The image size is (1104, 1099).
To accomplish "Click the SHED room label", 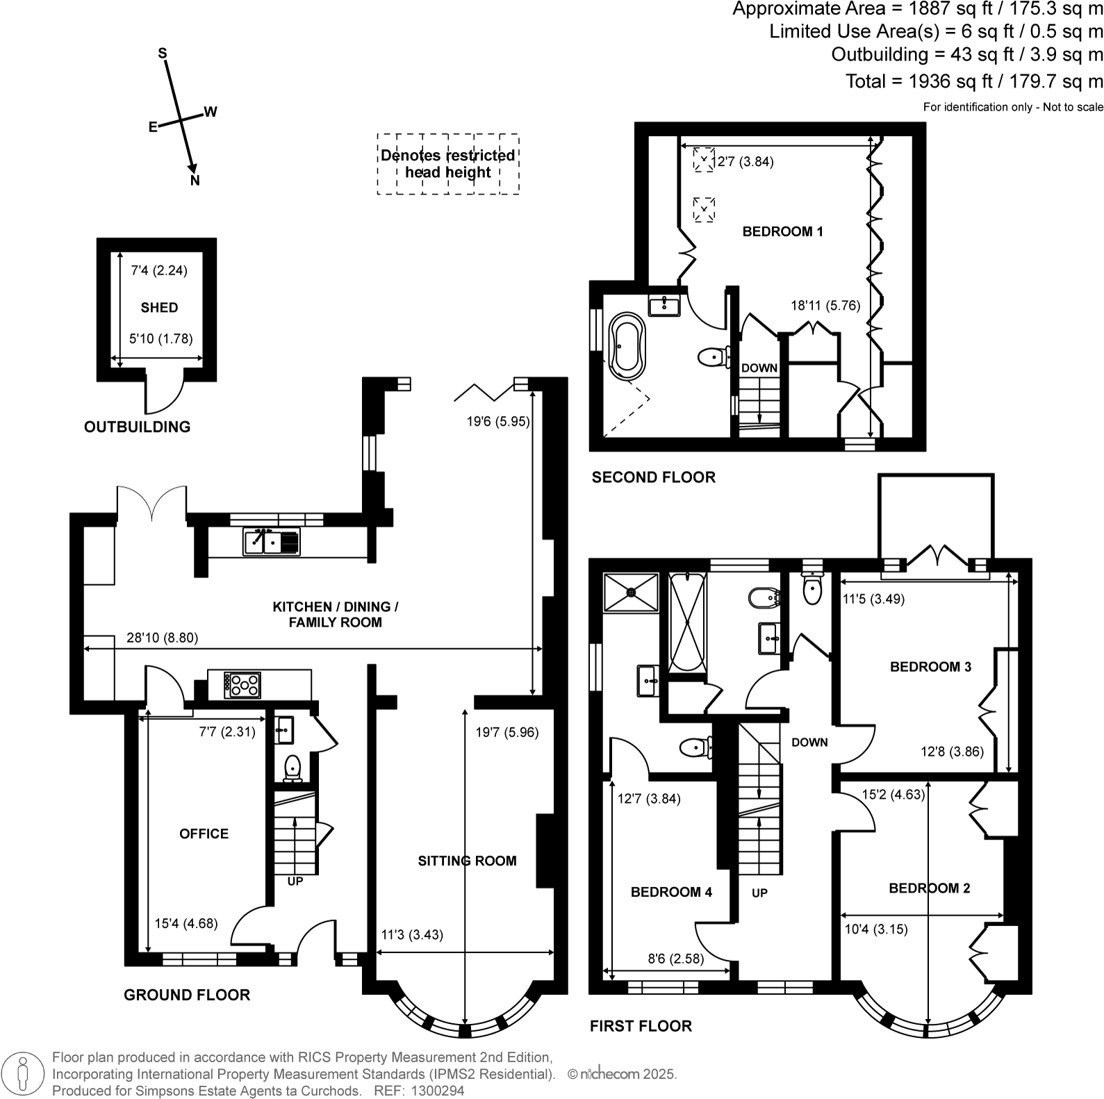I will click(x=159, y=308).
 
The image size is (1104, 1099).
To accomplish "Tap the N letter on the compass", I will click(x=195, y=181).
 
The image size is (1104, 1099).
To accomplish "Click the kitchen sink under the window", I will click(x=272, y=541).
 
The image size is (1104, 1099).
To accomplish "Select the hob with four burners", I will click(x=242, y=684).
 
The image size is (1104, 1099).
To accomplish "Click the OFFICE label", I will click(x=204, y=834).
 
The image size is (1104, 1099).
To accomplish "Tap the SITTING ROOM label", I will click(x=467, y=861).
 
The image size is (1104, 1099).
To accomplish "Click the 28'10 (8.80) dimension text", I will click(x=163, y=638).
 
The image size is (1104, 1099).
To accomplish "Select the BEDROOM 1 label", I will click(x=782, y=231).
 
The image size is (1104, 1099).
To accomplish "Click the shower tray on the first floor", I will click(x=631, y=592).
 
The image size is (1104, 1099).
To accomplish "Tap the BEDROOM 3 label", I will click(x=930, y=667).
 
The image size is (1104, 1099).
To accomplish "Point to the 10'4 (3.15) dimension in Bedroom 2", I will click(x=875, y=929).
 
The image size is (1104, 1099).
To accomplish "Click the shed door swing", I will click(x=163, y=395).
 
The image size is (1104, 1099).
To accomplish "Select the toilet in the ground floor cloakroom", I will click(x=293, y=767).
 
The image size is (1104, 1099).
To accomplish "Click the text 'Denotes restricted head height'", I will click(x=448, y=164).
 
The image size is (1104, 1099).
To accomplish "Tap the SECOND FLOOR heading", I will click(x=653, y=477).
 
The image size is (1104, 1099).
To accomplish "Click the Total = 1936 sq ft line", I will click(x=973, y=81).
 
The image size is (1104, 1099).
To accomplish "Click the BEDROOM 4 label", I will click(x=671, y=892).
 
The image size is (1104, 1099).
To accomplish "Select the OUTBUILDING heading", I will click(x=137, y=427).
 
